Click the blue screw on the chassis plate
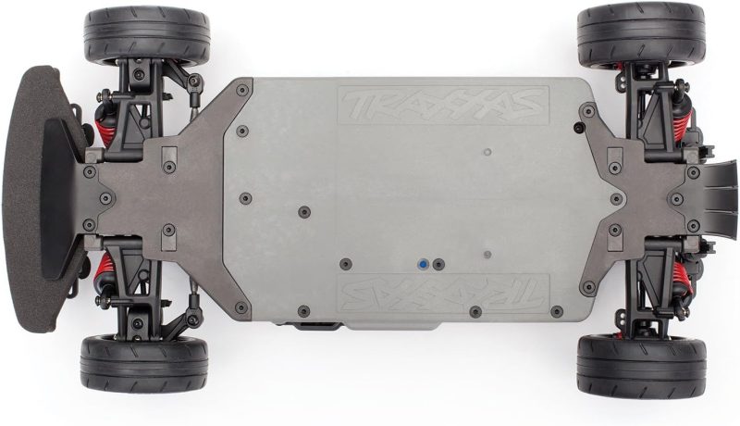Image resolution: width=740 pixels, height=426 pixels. coord(424,265)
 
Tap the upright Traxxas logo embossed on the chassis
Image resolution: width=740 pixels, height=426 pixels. coord(444,105)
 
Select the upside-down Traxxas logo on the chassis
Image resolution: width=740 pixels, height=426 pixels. coord(444,293)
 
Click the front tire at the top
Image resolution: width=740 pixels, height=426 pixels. coord(146,35)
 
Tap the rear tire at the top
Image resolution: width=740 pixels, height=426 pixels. coord(640,35)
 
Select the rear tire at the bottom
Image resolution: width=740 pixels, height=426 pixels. coord(641,367)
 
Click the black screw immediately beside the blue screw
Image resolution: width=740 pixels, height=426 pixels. coord(438,265)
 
